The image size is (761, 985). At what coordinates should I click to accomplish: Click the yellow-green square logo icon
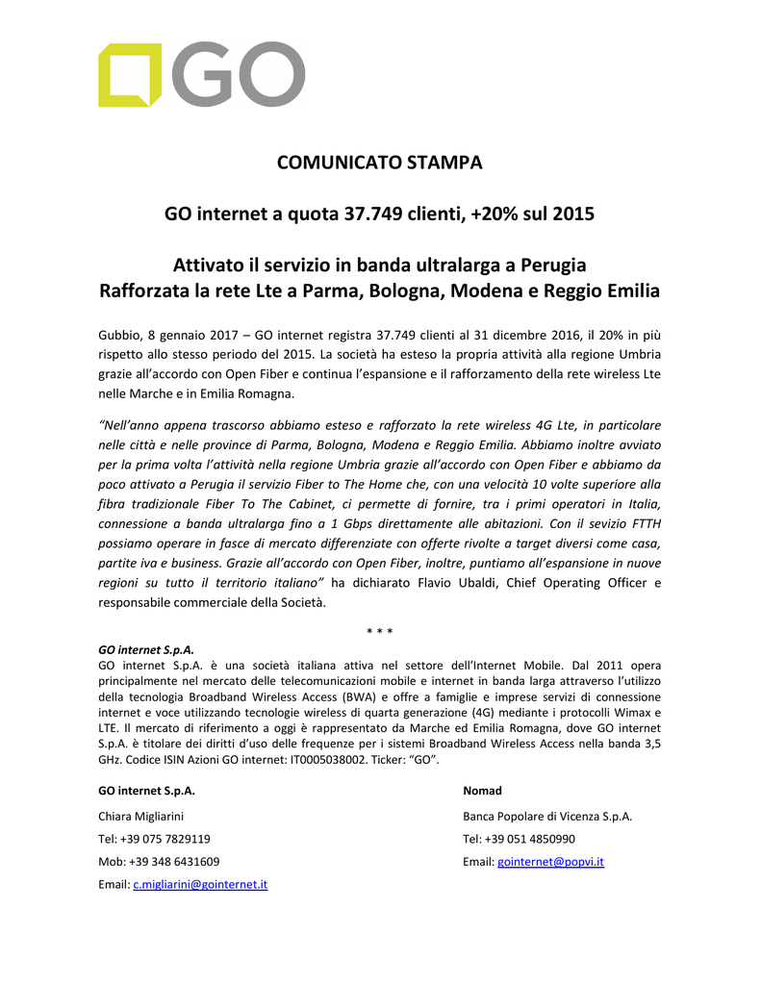[x=130, y=74]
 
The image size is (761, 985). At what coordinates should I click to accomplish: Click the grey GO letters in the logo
[x=241, y=74]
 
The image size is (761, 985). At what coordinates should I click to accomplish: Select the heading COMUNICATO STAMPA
[x=379, y=163]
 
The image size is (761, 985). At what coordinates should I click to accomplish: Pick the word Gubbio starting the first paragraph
[x=119, y=335]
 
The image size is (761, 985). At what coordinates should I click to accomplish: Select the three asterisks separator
[x=379, y=631]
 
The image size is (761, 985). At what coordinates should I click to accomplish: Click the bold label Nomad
[x=482, y=791]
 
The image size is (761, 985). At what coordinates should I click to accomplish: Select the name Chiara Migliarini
[x=141, y=816]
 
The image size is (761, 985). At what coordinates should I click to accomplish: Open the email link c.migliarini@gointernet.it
[x=199, y=885]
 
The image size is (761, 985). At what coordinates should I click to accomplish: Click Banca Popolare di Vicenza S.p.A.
[x=547, y=816]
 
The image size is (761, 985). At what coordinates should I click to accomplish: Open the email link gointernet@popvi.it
[x=550, y=862]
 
